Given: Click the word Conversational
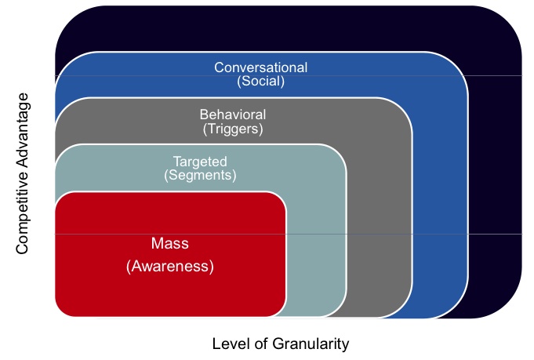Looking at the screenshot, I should point(260,67).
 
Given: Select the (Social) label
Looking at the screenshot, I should point(260,81).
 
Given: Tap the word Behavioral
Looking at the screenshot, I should point(232,115).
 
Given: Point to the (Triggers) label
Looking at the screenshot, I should point(232,128).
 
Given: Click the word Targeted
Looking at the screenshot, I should point(200,162).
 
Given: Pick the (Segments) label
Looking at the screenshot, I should point(200,176).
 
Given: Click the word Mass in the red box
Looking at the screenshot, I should point(169,243).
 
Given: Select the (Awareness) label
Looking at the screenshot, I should point(169,267).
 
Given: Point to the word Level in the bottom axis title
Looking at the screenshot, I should point(229,344).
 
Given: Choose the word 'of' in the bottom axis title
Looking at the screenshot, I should point(258,344).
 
